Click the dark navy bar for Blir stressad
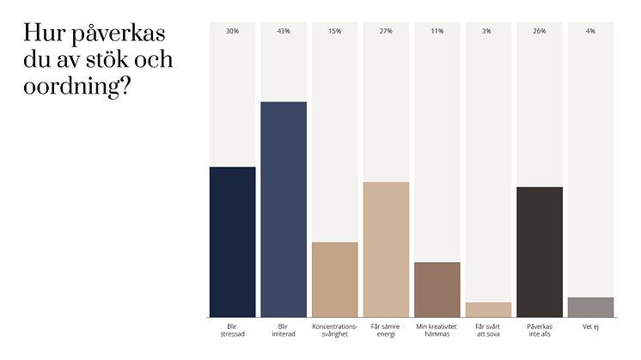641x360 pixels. click(x=232, y=242)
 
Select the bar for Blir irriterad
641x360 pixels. click(x=284, y=210)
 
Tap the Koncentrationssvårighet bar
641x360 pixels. click(x=334, y=280)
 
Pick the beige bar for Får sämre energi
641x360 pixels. click(x=386, y=250)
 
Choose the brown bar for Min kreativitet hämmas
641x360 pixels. click(x=436, y=290)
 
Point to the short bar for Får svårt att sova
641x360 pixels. click(x=488, y=310)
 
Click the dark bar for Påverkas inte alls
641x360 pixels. click(x=539, y=253)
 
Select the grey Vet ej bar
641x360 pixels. click(x=590, y=308)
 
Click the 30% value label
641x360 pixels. click(x=232, y=31)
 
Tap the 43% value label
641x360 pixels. click(x=284, y=31)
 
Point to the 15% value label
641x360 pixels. click(x=334, y=31)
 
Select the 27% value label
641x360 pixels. click(x=386, y=31)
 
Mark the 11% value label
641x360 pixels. click(x=436, y=31)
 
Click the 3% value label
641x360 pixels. click(x=488, y=31)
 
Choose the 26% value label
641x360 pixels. click(x=539, y=31)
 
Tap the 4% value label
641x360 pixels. click(x=590, y=31)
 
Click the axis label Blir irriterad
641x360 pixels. click(x=284, y=331)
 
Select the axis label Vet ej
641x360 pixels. click(x=590, y=326)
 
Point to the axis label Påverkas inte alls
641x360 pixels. click(x=539, y=331)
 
